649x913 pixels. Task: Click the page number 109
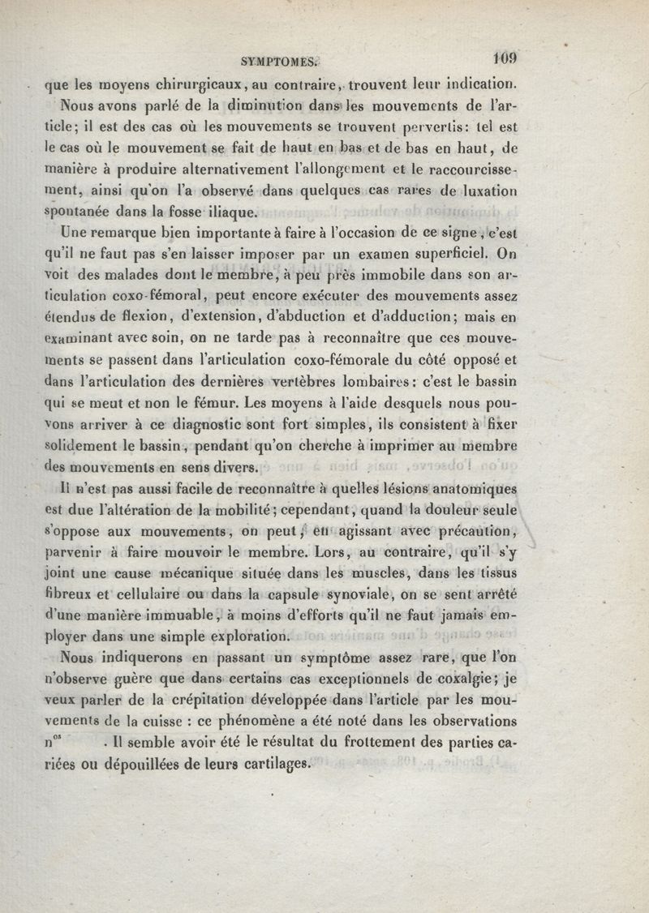tap(505, 58)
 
